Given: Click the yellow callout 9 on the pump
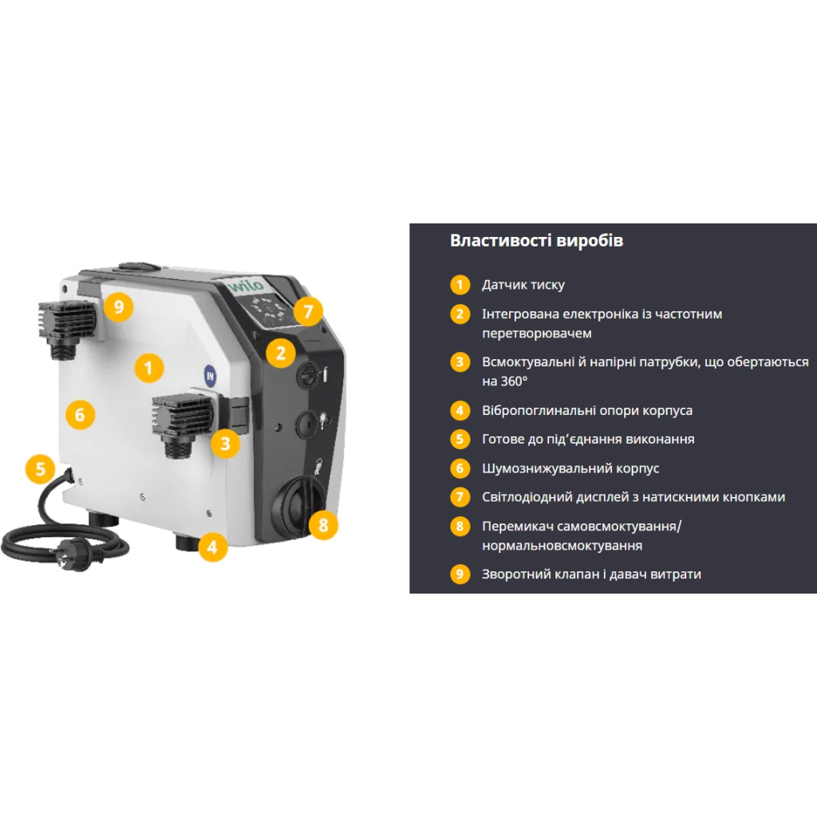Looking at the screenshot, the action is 119,306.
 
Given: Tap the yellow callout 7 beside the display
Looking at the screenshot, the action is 308,311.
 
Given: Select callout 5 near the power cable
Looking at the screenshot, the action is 41,468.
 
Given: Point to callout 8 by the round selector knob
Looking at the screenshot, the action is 323,525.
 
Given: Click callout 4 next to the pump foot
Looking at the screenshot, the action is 212,547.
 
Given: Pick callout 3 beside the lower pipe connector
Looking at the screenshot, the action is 225,444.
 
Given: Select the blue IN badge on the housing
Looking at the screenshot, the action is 210,376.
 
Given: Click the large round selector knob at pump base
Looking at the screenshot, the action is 297,505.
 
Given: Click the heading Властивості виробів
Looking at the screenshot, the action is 536,241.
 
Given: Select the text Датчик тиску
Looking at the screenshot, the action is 523,285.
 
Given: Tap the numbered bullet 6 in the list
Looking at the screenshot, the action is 460,468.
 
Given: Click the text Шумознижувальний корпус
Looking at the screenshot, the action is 570,468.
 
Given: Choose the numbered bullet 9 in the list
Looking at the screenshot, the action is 460,574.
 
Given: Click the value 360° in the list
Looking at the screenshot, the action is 513,381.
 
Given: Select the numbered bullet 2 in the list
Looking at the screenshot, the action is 460,314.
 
